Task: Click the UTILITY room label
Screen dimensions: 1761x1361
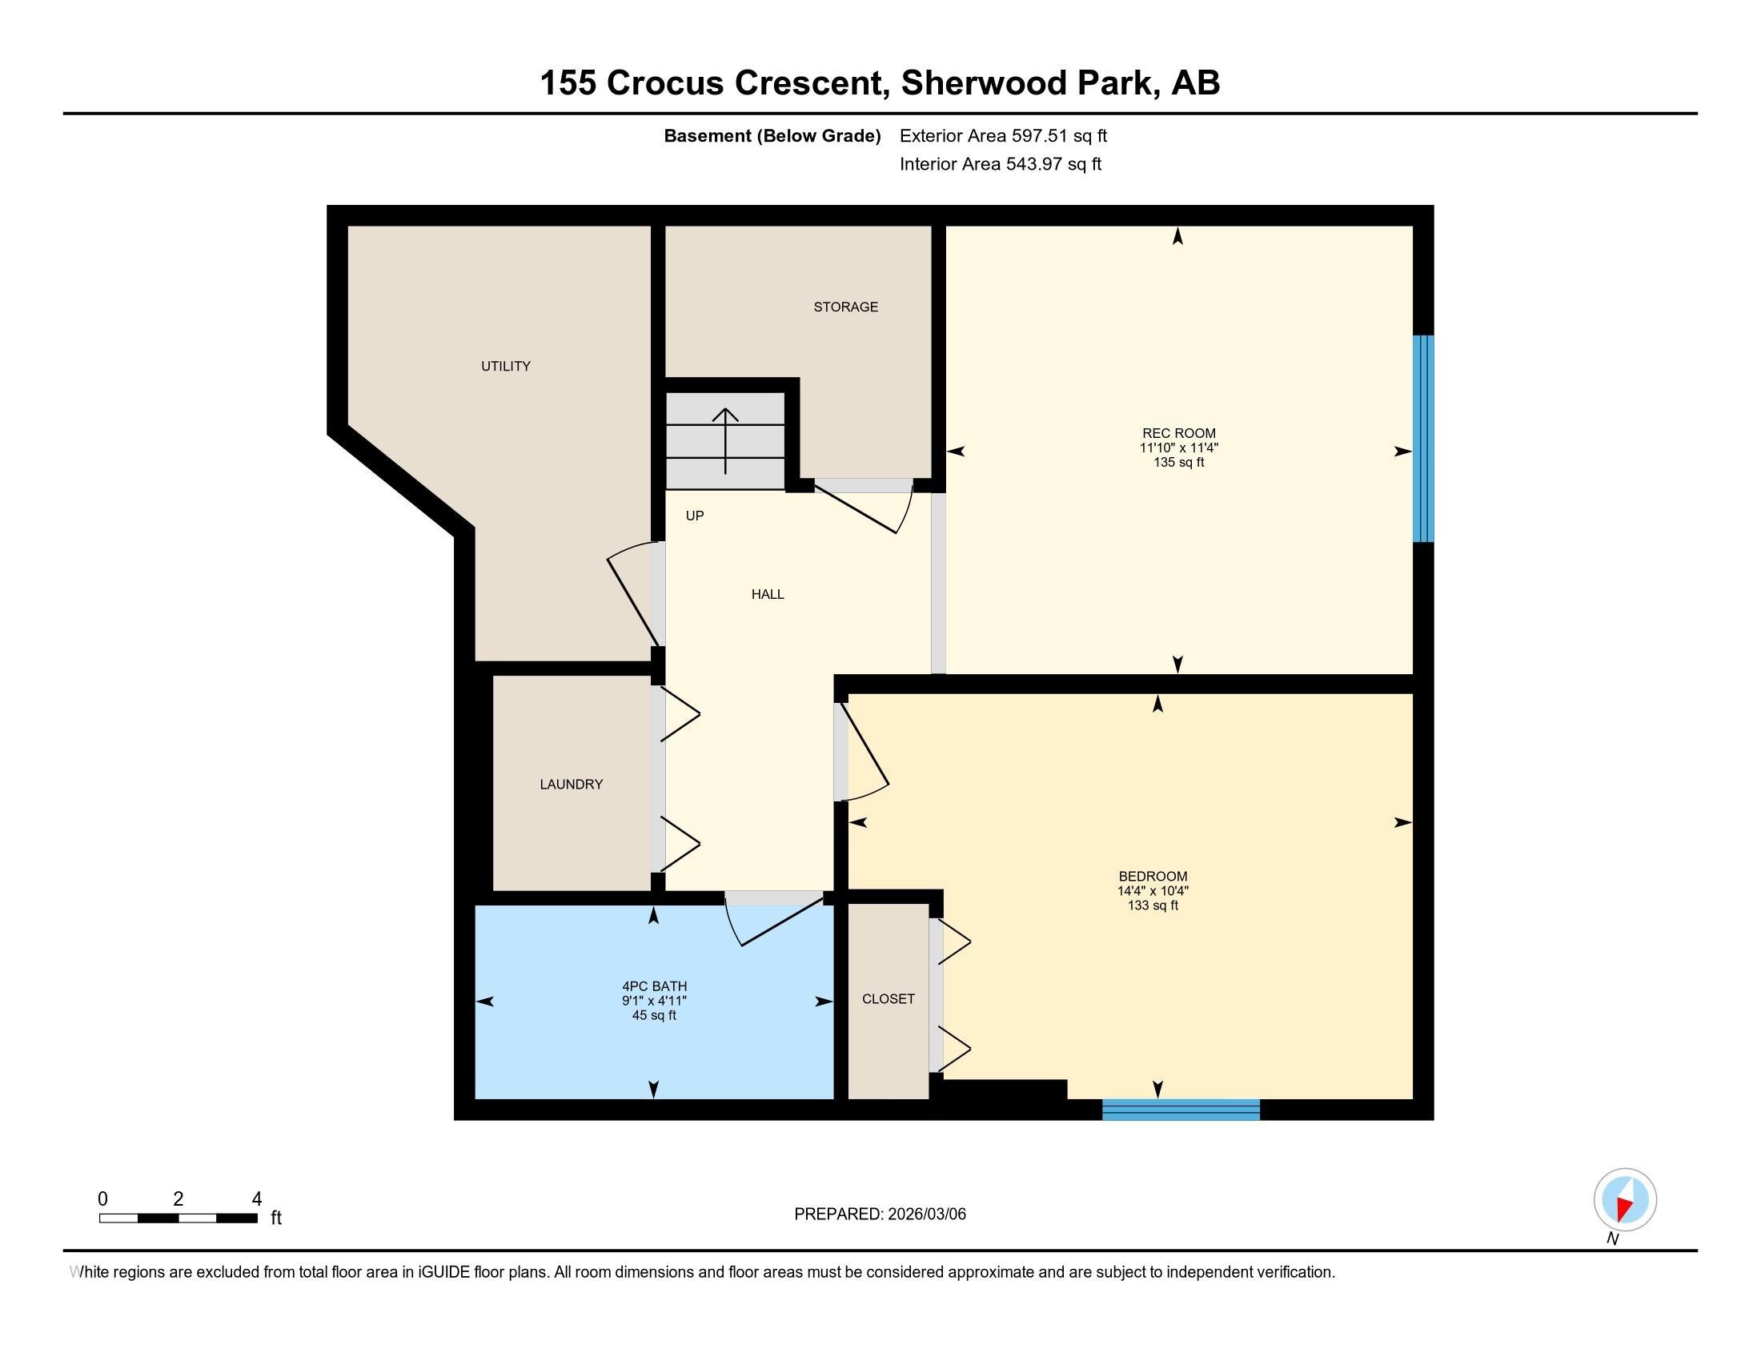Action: click(506, 366)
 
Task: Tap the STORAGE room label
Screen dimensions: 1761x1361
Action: click(845, 307)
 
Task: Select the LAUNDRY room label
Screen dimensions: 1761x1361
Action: click(571, 784)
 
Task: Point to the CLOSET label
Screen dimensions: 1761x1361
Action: click(888, 998)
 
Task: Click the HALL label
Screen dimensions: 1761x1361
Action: click(768, 594)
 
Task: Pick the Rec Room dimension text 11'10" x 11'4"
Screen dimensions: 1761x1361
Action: click(1178, 448)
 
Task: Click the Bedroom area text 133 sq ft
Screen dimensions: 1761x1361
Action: click(1152, 905)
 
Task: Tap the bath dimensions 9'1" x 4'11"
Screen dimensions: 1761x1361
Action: click(653, 1001)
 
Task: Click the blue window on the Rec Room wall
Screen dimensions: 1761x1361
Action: click(1423, 439)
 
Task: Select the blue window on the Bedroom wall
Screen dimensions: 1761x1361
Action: click(1181, 1110)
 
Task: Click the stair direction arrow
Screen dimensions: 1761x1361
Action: click(726, 440)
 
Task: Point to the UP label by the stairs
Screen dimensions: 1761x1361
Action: click(694, 516)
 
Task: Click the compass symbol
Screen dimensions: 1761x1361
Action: click(1625, 1200)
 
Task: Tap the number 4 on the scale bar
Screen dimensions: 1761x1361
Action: click(256, 1199)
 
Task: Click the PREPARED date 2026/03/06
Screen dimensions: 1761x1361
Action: click(925, 1214)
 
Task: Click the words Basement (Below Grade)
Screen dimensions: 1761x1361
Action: click(772, 136)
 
